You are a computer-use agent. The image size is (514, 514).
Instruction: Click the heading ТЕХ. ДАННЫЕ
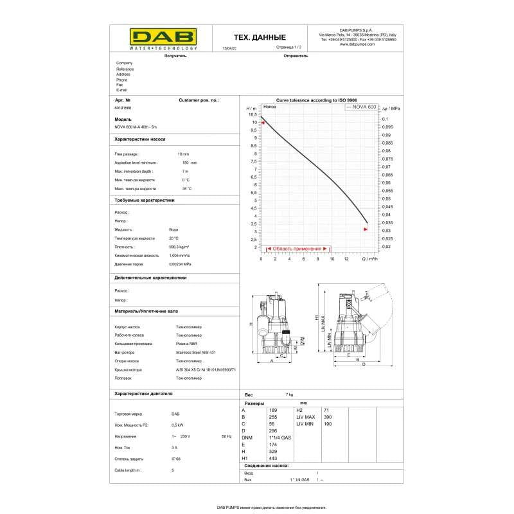(259, 38)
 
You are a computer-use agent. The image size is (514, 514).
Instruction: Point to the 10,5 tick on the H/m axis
(253, 114)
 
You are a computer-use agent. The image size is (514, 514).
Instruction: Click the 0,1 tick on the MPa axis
(385, 120)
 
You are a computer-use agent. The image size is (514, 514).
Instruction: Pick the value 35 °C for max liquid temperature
(186, 189)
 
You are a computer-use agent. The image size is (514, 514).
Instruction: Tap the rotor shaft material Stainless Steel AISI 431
(196, 352)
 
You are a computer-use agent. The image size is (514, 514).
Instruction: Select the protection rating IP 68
(175, 459)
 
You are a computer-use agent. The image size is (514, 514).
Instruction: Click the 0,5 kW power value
(177, 425)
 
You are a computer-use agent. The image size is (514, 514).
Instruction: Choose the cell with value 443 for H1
(272, 458)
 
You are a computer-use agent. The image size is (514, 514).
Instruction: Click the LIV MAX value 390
(328, 417)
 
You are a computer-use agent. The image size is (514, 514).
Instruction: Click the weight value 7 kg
(289, 394)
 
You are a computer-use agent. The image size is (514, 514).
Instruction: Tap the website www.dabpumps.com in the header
(361, 44)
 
